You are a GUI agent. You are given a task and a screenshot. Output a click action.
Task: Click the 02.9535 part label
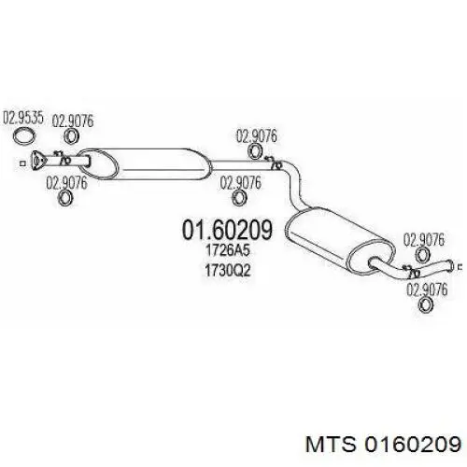[x=22, y=118]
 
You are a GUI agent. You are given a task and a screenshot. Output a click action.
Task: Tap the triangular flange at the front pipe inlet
[x=38, y=161]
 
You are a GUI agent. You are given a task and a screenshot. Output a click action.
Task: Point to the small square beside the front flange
[x=22, y=163]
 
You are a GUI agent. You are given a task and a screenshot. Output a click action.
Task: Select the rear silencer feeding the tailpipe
[x=339, y=241]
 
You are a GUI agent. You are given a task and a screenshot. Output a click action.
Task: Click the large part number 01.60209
[x=227, y=230]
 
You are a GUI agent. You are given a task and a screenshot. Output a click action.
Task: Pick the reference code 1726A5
[x=228, y=251]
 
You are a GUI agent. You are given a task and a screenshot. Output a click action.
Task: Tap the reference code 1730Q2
[x=228, y=271]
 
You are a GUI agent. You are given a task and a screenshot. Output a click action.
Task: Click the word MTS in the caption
[x=331, y=444]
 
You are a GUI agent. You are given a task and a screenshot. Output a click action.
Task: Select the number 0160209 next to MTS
[x=413, y=444]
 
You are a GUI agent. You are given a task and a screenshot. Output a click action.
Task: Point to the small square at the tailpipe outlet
[x=460, y=266]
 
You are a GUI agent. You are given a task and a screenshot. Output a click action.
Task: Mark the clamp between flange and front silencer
[x=64, y=159]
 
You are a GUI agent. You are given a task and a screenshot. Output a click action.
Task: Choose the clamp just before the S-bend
[x=274, y=163]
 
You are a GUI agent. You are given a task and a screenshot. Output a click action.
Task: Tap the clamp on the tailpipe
[x=411, y=272]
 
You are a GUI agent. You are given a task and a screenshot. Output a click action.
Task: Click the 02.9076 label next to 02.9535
[x=73, y=121]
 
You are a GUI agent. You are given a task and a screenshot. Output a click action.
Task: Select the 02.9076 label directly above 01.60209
[x=240, y=183]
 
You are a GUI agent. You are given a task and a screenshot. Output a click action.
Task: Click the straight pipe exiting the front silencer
[x=241, y=165]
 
